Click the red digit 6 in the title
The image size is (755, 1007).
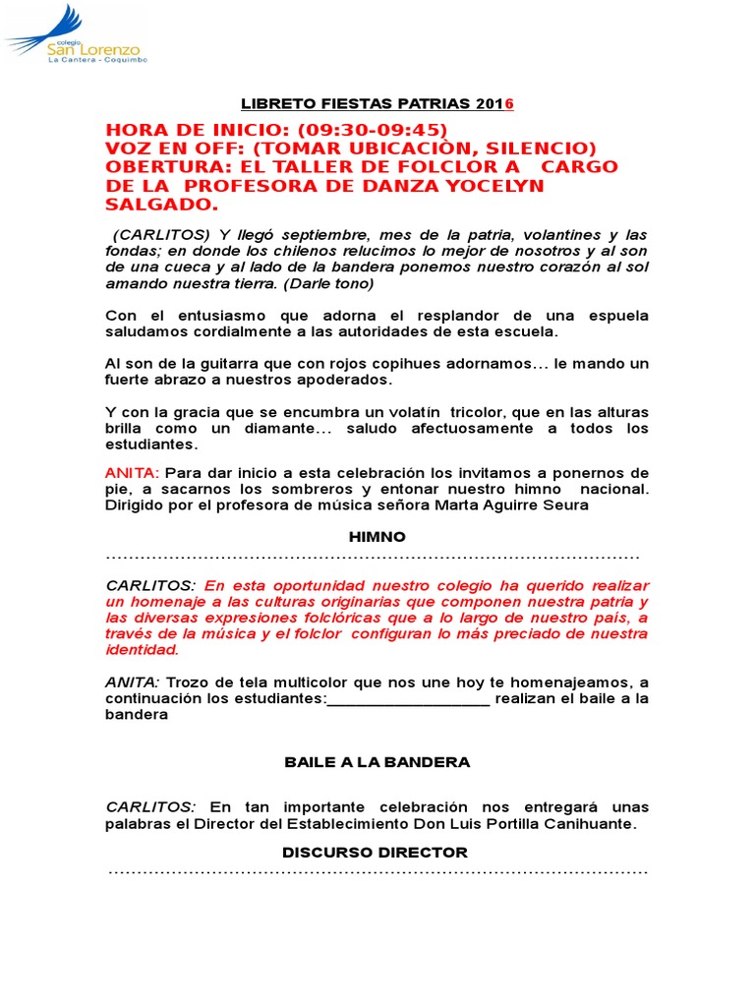click(509, 104)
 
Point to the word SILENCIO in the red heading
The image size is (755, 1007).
click(543, 148)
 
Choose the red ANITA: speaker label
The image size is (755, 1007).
click(132, 473)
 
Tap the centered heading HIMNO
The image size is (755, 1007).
click(377, 537)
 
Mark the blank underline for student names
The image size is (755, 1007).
click(408, 699)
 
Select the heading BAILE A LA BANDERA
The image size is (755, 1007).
click(377, 762)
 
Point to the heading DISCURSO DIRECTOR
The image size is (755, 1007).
click(375, 853)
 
